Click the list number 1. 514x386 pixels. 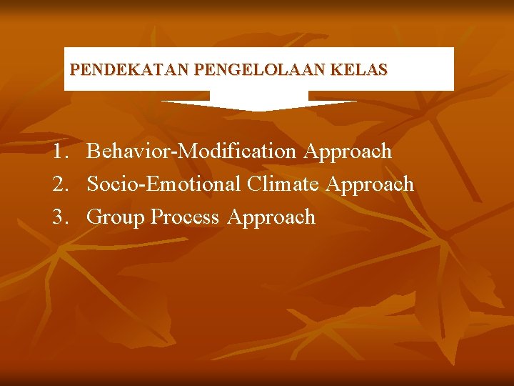pos(60,152)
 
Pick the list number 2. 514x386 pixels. pos(60,184)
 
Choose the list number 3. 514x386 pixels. pos(60,217)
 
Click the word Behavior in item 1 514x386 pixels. pos(124,152)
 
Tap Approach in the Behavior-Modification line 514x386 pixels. pos(348,152)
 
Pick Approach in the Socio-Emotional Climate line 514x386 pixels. pos(370,184)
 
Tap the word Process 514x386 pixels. pos(185,217)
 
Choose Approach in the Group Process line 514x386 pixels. pos(271,217)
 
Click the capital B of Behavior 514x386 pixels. pos(94,152)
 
